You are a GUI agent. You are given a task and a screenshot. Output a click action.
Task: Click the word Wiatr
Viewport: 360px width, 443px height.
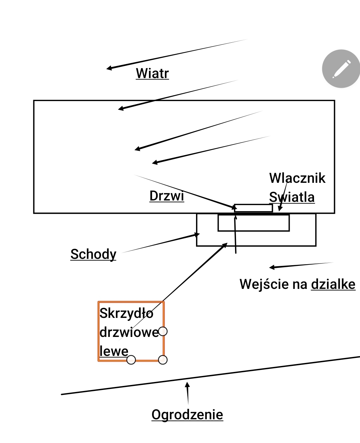tap(152, 73)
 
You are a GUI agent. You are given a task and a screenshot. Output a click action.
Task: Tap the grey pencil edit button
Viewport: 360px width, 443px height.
tap(341, 69)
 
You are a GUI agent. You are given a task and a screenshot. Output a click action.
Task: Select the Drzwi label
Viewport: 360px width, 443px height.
tap(167, 196)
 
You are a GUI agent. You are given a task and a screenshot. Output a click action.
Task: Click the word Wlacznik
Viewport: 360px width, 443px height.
tap(297, 178)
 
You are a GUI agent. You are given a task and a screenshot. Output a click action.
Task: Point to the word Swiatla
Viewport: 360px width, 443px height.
tap(292, 197)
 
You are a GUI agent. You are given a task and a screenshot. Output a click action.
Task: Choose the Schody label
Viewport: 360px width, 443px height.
tap(93, 254)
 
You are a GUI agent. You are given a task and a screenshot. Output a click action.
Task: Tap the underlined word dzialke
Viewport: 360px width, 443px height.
tap(333, 284)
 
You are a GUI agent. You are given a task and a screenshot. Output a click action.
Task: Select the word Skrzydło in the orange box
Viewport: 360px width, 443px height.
tap(126, 313)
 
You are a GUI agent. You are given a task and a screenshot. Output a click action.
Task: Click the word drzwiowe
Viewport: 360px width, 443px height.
tap(129, 332)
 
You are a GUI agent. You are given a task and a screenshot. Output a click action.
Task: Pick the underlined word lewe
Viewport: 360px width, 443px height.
tap(114, 351)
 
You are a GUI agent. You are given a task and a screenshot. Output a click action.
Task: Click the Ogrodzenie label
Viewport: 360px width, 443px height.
tap(187, 415)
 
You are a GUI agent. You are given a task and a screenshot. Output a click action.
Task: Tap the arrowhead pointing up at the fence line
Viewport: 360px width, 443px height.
tap(187, 385)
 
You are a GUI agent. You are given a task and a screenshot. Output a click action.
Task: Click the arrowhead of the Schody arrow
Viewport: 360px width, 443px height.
tap(197, 235)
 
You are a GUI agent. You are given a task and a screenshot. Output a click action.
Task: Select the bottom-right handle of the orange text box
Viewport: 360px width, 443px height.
tap(163, 360)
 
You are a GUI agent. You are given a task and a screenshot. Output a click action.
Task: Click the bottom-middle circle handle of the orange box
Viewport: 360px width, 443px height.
tap(131, 360)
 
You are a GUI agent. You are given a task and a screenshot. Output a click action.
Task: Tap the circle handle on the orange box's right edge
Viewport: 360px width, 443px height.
tap(163, 331)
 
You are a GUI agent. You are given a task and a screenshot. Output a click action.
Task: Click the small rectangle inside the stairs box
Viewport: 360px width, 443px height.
tap(253, 223)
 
